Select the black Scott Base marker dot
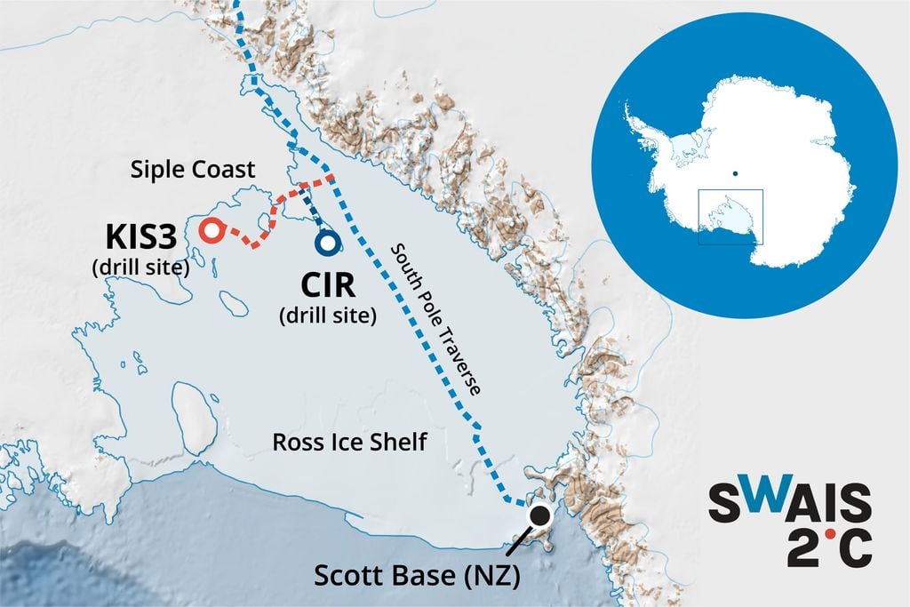539,515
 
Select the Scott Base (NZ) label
416,576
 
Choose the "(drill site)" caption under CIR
328,314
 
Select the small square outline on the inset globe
730,216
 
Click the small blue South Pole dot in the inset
736,172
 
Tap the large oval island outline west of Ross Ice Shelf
196,416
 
